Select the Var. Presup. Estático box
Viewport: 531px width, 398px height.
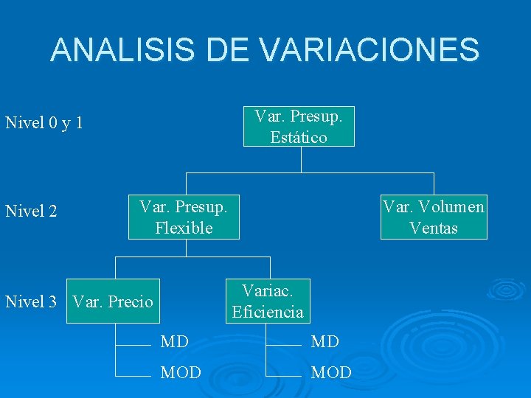[299, 127]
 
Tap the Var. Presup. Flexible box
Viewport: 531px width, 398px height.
[184, 217]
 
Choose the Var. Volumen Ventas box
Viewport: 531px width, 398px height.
[434, 217]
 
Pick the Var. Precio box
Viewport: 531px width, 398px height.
[113, 301]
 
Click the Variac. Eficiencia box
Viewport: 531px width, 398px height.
[268, 301]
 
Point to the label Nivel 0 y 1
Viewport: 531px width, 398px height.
[44, 122]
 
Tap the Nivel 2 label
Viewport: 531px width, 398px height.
[31, 212]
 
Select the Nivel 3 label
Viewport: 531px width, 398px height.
[31, 301]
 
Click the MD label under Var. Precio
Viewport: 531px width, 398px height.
[175, 342]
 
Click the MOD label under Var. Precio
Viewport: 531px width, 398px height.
[181, 373]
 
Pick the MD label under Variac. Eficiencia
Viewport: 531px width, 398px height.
[325, 342]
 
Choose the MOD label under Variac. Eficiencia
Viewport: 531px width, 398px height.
[331, 373]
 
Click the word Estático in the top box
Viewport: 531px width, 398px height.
[299, 138]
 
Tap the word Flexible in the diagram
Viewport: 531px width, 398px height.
[184, 228]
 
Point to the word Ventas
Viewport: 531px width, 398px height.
[434, 228]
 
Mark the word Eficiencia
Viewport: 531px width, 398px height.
[268, 313]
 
